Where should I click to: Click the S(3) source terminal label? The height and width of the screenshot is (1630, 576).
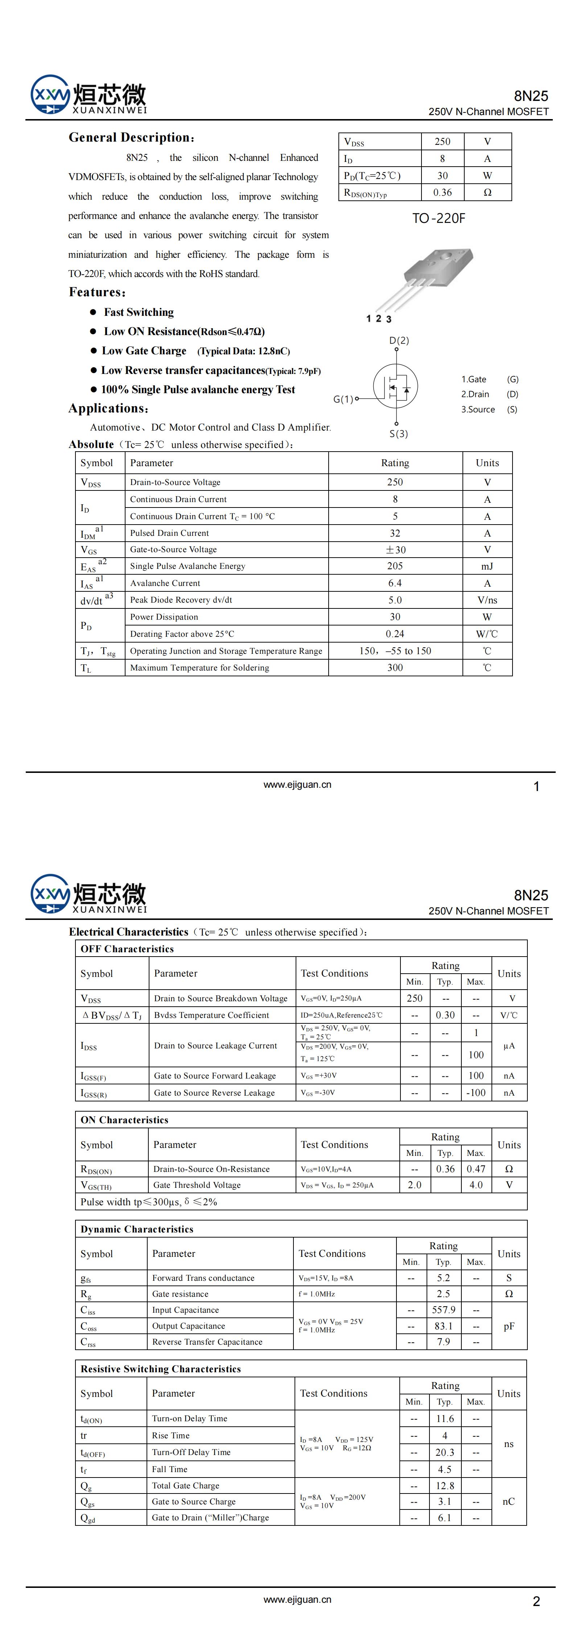pyautogui.click(x=398, y=433)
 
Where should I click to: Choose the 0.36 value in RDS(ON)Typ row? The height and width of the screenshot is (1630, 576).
pyautogui.click(x=443, y=192)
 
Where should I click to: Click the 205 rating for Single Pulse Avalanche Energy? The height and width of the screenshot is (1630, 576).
pyautogui.click(x=395, y=566)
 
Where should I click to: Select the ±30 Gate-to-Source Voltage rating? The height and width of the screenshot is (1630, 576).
pyautogui.click(x=395, y=550)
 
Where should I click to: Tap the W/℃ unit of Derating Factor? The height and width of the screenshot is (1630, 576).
pyautogui.click(x=487, y=634)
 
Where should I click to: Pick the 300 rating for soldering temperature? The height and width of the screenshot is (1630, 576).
pyautogui.click(x=395, y=668)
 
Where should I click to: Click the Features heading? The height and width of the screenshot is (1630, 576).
pyautogui.click(x=97, y=292)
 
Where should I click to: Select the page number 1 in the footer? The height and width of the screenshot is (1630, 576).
pyautogui.click(x=536, y=787)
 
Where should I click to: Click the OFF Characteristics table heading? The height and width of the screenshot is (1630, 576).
pyautogui.click(x=127, y=949)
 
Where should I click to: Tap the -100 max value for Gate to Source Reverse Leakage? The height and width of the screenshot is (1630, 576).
pyautogui.click(x=476, y=1093)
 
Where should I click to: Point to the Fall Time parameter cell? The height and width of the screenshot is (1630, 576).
pyautogui.click(x=169, y=1469)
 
